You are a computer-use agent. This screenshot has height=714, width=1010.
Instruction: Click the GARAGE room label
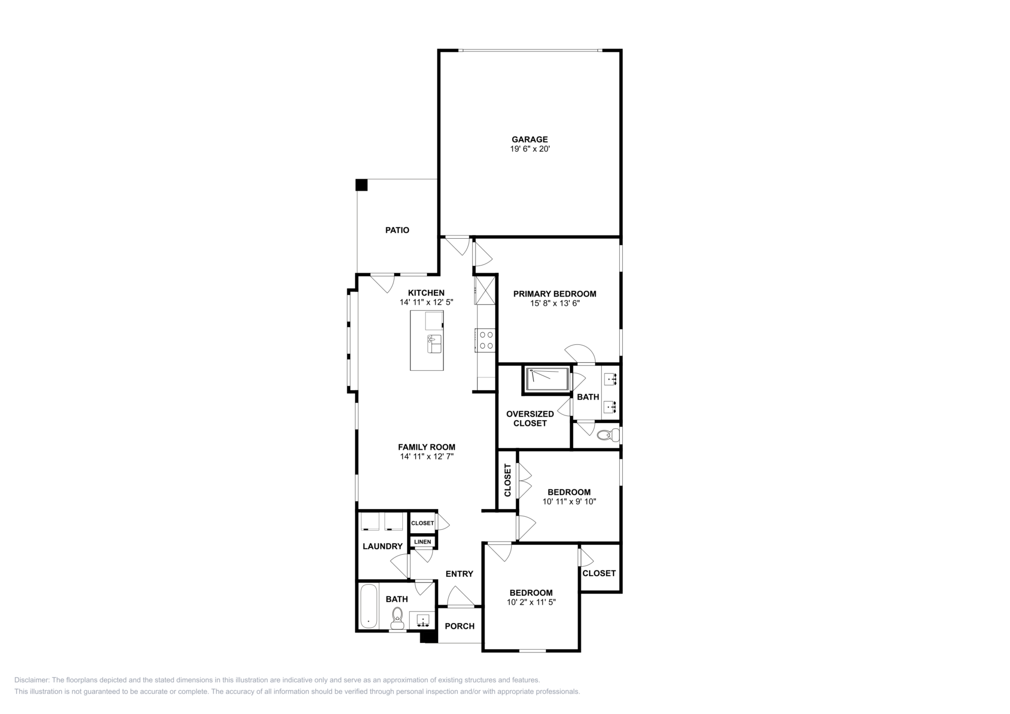click(x=530, y=139)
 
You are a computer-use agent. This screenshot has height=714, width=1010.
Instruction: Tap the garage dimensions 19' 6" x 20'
click(x=530, y=149)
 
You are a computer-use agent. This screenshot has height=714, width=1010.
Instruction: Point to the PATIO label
click(x=397, y=230)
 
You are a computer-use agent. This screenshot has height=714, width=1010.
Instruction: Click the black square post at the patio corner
click(x=361, y=185)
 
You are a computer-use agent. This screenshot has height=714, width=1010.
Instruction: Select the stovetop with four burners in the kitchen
click(x=485, y=340)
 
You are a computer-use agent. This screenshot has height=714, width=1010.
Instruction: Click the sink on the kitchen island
click(x=435, y=344)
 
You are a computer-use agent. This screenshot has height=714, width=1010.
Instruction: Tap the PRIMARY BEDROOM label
click(x=555, y=294)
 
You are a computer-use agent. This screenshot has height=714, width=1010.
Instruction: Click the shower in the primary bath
click(x=548, y=380)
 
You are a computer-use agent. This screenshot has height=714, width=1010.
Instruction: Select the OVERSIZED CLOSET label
click(x=530, y=419)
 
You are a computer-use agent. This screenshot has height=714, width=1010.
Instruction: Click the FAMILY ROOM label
click(x=427, y=447)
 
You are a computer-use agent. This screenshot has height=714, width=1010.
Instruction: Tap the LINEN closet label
click(x=422, y=542)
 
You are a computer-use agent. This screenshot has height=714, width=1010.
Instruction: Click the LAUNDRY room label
click(x=382, y=546)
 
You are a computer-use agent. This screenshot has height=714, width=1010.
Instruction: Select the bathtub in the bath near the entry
click(x=369, y=606)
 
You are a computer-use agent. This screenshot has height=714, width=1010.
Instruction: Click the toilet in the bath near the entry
click(x=397, y=618)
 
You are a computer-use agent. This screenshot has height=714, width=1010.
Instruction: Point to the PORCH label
click(x=460, y=626)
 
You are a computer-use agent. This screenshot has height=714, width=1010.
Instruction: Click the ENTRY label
click(x=459, y=574)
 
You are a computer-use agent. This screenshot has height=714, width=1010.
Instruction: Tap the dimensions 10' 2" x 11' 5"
click(x=531, y=602)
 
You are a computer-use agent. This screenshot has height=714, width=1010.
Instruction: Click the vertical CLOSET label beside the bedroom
click(x=508, y=480)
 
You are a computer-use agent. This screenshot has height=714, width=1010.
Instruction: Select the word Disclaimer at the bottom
click(x=31, y=680)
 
